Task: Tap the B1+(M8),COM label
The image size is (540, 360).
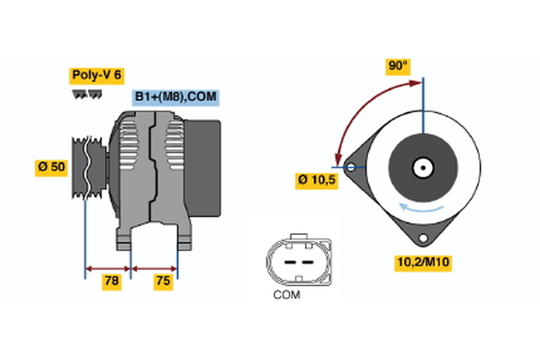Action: [x=175, y=97]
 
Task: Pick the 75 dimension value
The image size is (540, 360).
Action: [x=163, y=282]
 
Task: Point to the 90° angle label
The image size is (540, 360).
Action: [x=397, y=66]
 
